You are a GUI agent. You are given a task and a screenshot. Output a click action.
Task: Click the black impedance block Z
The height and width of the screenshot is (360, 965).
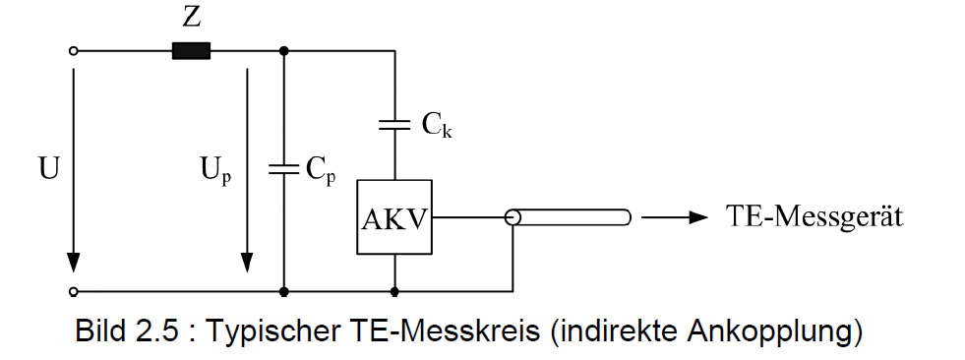tap(191, 51)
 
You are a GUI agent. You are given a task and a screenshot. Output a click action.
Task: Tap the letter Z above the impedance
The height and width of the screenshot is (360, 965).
tap(192, 18)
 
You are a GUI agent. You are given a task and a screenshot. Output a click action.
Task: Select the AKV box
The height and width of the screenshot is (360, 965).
tap(394, 217)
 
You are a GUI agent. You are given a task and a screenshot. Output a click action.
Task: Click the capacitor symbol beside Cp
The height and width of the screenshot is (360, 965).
tap(283, 169)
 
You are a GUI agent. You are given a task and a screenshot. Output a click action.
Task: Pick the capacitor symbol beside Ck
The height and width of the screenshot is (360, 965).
tap(394, 125)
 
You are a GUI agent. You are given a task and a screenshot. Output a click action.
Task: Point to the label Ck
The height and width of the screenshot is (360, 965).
tap(437, 126)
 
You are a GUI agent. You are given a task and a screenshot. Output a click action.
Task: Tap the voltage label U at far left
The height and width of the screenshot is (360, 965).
tap(49, 168)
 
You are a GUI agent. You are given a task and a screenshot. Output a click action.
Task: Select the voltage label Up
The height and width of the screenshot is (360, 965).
tap(216, 170)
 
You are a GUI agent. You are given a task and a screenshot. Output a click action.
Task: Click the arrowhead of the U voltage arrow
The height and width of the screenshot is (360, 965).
tap(73, 263)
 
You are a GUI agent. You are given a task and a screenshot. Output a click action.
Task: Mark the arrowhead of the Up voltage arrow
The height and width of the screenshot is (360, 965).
tap(247, 263)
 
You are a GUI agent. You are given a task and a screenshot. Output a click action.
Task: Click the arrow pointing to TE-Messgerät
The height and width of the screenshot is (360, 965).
tap(675, 217)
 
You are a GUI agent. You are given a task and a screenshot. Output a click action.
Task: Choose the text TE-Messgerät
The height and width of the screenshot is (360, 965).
tap(814, 217)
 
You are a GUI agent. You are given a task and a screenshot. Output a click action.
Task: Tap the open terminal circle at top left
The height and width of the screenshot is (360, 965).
tap(73, 51)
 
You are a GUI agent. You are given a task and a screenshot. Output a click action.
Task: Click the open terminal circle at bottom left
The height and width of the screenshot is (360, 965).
tap(73, 291)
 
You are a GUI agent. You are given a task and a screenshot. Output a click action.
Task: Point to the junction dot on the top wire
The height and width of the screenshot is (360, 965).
tap(283, 51)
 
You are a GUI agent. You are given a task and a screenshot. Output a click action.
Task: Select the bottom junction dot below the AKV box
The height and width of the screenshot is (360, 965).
tap(394, 291)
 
